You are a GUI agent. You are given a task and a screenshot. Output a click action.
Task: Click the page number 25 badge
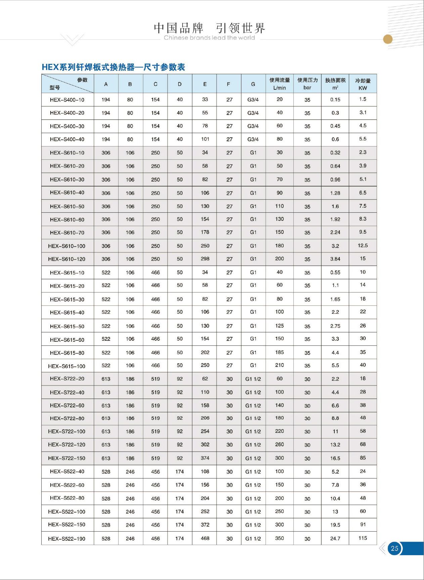(x=394, y=548)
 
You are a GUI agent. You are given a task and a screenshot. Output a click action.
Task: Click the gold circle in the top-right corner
(x=388, y=39)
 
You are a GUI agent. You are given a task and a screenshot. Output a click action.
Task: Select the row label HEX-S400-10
(x=67, y=100)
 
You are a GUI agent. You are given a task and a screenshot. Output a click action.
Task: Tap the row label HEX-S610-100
(x=66, y=246)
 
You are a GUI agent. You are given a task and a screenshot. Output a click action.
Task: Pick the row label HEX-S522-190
(x=66, y=539)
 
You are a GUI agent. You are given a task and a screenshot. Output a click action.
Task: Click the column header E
(x=205, y=84)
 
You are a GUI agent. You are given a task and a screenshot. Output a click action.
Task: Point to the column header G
(x=253, y=84)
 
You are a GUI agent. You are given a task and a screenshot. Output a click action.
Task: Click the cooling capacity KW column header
(x=363, y=84)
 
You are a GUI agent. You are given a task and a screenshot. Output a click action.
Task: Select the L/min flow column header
(x=279, y=84)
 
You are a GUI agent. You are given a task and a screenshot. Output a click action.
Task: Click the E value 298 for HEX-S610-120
(x=205, y=259)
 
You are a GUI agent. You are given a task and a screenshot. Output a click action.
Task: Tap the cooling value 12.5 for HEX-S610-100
(x=363, y=246)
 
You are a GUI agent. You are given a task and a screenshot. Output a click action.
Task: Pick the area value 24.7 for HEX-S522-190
(x=335, y=539)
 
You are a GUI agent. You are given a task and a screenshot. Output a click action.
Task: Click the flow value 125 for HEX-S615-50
(x=279, y=326)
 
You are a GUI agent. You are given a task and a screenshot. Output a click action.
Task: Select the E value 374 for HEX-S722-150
(x=205, y=458)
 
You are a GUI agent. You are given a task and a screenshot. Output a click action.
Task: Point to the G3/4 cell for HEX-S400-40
(x=253, y=139)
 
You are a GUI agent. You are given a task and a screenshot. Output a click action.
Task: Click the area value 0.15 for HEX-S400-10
(x=335, y=99)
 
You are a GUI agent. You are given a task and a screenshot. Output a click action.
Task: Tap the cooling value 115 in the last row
(x=363, y=538)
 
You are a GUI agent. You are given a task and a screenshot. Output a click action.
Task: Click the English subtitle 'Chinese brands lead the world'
(x=209, y=38)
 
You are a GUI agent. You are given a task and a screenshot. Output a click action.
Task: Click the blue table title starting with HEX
(x=113, y=67)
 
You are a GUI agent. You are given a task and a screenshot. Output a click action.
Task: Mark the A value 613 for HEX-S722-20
(x=106, y=379)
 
